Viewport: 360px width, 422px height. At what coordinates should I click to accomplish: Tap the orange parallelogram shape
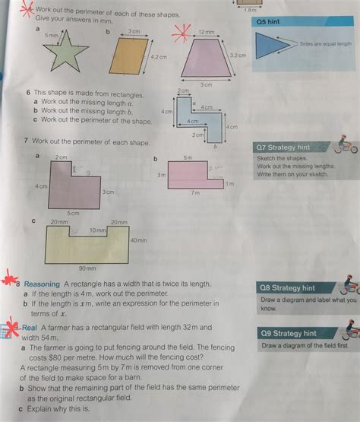coord(126,58)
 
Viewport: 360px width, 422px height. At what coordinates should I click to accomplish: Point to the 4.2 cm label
coord(158,56)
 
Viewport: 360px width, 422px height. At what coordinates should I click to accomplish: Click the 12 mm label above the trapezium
coord(206,32)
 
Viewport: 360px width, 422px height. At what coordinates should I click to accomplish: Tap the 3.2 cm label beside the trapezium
coord(238,56)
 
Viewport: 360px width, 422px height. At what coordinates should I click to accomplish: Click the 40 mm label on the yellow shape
coord(138,240)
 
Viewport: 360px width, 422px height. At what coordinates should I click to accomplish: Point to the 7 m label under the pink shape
coord(195,193)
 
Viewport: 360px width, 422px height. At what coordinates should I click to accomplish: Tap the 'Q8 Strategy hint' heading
coord(287,288)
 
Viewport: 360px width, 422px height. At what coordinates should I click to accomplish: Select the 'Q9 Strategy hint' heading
coord(288,333)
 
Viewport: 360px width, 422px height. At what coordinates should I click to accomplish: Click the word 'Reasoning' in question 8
coord(43,284)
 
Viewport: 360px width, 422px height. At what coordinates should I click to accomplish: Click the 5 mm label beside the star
coord(51,36)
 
